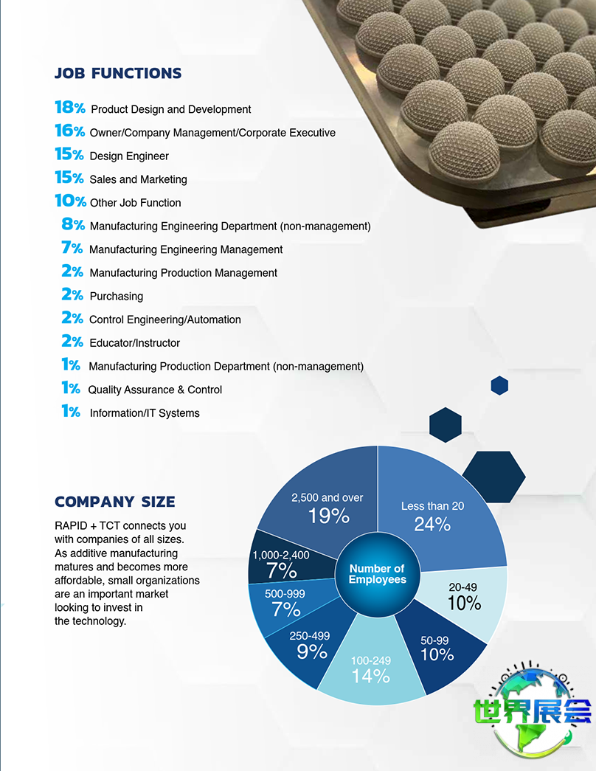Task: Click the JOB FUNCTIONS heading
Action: [118, 74]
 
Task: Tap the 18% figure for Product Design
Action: [70, 108]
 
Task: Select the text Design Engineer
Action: [129, 156]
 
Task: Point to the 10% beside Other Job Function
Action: [70, 201]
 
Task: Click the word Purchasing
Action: [117, 297]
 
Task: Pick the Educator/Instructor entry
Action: [135, 343]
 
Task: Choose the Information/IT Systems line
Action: [145, 413]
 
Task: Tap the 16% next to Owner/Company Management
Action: [70, 131]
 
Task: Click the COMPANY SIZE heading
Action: [115, 502]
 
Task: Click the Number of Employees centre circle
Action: [378, 574]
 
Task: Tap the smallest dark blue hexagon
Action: [499, 385]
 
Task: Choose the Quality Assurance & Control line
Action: [155, 390]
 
